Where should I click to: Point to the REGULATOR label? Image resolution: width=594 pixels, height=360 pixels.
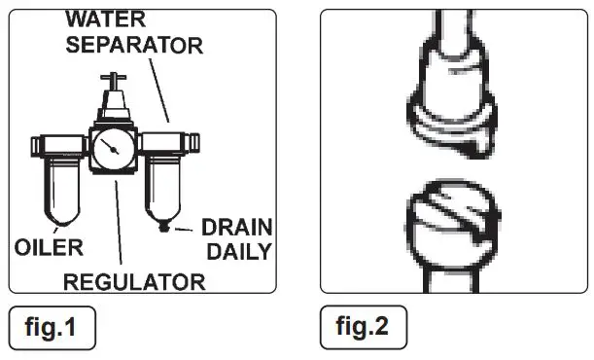click(135, 282)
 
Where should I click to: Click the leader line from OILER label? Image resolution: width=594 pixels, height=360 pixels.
click(39, 219)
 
